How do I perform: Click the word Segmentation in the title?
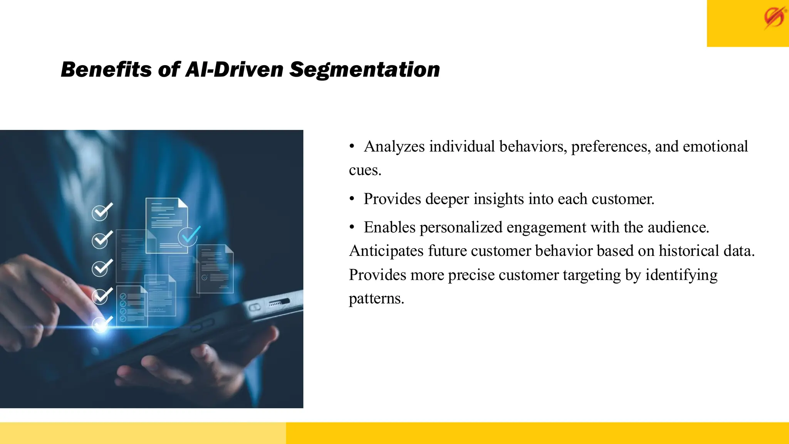364,70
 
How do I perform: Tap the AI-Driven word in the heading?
235,70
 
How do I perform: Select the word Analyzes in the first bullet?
394,146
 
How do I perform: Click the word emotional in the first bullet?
715,146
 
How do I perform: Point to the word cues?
364,170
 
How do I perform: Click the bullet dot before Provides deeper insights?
352,199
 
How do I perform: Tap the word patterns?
376,299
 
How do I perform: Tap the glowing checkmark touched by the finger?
102,324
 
